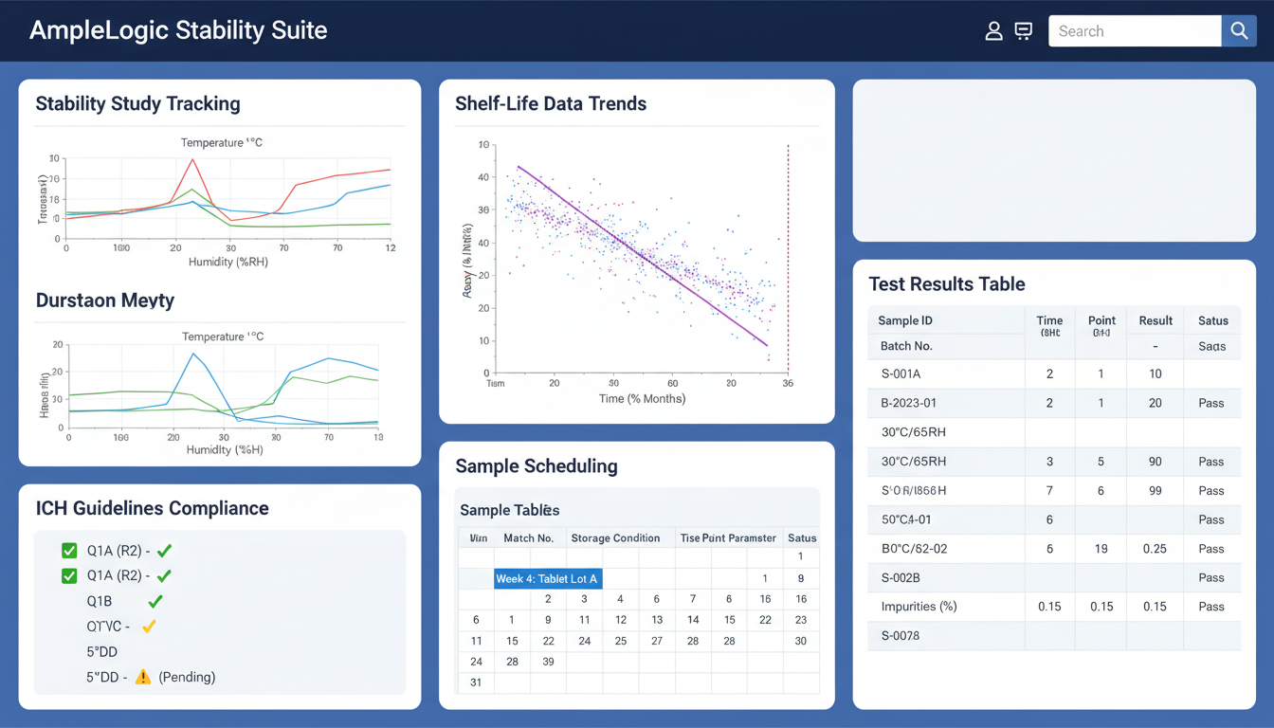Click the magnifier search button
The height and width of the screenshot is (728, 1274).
point(1238,31)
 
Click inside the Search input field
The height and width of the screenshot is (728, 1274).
point(1134,31)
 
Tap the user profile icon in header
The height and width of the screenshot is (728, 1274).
point(993,31)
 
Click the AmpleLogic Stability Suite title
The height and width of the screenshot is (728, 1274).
point(178,30)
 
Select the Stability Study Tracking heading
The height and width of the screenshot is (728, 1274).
point(137,104)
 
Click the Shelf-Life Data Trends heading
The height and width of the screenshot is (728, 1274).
point(551,104)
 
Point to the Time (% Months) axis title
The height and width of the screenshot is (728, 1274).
point(642,399)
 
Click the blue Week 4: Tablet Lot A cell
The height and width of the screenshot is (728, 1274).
point(548,578)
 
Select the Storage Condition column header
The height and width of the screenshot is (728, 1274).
point(615,537)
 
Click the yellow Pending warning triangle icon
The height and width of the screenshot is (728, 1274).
point(143,677)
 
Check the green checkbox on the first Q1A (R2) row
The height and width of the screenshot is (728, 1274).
point(69,551)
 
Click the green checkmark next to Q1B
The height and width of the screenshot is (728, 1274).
point(155,601)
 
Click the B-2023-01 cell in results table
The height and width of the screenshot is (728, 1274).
point(908,403)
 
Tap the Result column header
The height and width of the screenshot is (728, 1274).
point(1156,320)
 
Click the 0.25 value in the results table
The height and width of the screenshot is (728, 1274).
point(1154,549)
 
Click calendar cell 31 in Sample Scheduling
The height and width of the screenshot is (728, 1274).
point(476,682)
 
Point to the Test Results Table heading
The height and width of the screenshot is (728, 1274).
point(946,284)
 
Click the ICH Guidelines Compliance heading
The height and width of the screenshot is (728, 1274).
point(152,508)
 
